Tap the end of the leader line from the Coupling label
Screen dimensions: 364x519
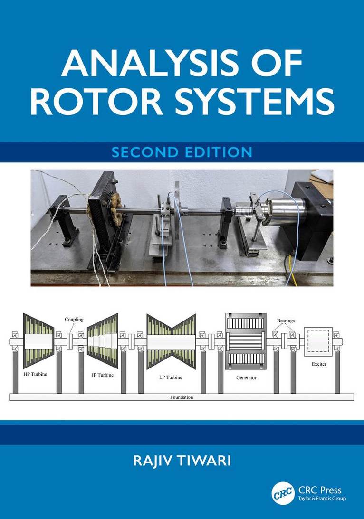pos(70,334)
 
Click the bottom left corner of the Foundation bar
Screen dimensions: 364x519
pos(10,400)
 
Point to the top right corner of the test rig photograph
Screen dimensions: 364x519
pos(333,170)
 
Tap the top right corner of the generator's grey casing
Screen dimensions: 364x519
pos(266,313)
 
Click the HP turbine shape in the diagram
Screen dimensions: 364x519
pos(38,341)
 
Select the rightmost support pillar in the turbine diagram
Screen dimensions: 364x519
pos(337,371)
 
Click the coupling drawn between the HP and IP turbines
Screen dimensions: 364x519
pos(69,341)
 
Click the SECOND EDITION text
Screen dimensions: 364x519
pos(182,152)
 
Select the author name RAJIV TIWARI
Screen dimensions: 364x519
pos(182,461)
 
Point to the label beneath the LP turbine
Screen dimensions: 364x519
pos(171,377)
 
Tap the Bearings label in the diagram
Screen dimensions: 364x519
pos(286,321)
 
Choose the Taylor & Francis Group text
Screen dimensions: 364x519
pos(322,499)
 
